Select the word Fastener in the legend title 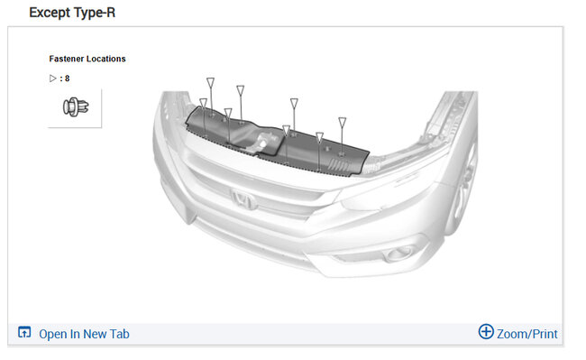click(66, 59)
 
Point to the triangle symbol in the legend click(52, 78)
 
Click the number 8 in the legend click(68, 78)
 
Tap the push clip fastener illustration click(76, 106)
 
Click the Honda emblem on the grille click(243, 199)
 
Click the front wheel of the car click(463, 187)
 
